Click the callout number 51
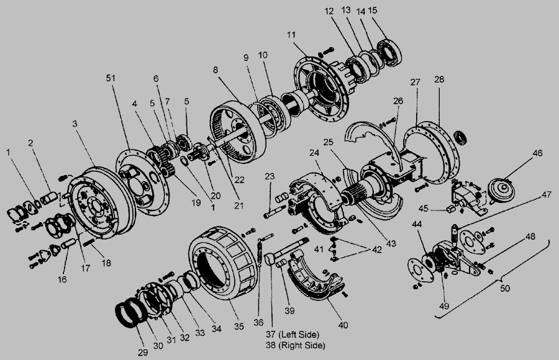(x=111, y=78)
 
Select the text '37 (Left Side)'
(x=293, y=335)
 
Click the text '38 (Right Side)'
(x=295, y=345)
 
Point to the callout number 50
(x=505, y=288)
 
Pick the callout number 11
(x=291, y=35)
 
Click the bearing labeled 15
(x=389, y=53)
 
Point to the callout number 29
(x=143, y=353)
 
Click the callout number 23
(x=270, y=176)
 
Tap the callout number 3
(x=75, y=124)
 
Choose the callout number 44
(x=417, y=224)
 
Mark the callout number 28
(x=439, y=79)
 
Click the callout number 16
(x=62, y=279)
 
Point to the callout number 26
(x=398, y=101)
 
